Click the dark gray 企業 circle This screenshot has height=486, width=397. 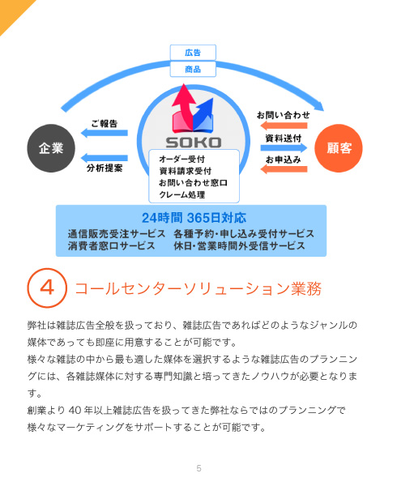click(51, 148)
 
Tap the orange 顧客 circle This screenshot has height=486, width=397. click(339, 148)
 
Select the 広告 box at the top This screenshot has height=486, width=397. click(193, 53)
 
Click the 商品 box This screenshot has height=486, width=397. click(193, 69)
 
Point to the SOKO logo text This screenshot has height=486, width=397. click(194, 143)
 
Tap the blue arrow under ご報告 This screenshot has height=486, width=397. click(105, 133)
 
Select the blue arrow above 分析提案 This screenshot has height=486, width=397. click(105, 158)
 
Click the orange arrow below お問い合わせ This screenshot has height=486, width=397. click(284, 126)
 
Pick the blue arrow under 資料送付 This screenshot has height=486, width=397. click(284, 148)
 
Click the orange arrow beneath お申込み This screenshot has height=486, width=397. click(284, 169)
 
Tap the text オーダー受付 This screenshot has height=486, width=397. click(182, 160)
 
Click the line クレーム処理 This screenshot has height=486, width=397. click(182, 194)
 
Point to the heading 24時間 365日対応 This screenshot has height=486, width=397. click(194, 218)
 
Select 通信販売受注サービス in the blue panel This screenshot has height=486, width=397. click(117, 234)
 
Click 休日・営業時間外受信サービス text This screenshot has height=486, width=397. click(239, 245)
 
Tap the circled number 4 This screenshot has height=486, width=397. click(47, 288)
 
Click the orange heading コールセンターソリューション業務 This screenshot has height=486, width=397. click(198, 288)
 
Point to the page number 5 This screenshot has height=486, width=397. click(199, 468)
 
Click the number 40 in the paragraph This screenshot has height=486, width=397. click(75, 411)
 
